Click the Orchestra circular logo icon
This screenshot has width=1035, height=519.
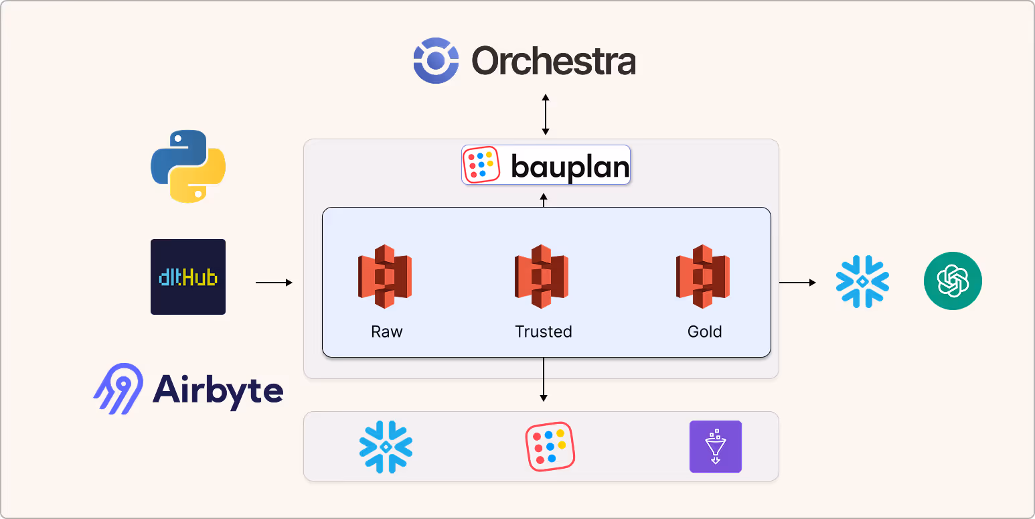(x=436, y=61)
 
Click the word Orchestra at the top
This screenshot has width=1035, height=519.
(x=554, y=62)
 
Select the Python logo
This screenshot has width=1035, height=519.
(x=188, y=166)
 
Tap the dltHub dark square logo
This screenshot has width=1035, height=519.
(x=188, y=277)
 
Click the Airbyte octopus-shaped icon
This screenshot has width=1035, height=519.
(x=118, y=388)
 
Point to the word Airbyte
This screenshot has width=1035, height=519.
(x=218, y=389)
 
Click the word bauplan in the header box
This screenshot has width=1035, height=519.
(x=570, y=166)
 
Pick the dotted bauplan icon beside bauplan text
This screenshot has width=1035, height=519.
(x=481, y=165)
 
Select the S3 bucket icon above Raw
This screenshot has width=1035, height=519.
(x=385, y=277)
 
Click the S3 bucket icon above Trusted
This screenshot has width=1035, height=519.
(x=542, y=277)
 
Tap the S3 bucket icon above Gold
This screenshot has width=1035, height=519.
(x=703, y=277)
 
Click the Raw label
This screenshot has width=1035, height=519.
(x=387, y=331)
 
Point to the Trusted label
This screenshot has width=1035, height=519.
(x=543, y=331)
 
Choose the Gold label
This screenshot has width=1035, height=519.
(x=704, y=331)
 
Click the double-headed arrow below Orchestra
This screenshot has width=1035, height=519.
(x=546, y=115)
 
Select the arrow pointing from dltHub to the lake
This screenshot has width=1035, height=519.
(x=274, y=283)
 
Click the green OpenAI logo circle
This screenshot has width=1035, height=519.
(x=953, y=281)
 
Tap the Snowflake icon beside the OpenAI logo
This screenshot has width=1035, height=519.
(x=862, y=281)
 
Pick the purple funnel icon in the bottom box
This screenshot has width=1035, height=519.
(x=715, y=447)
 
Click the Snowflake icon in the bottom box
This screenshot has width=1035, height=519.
(x=386, y=447)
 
